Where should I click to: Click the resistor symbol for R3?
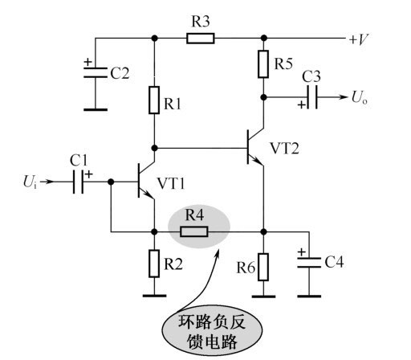[x=201, y=39]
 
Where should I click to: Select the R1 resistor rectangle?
[x=154, y=100]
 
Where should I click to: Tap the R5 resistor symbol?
[x=263, y=64]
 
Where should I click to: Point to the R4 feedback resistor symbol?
[x=194, y=231]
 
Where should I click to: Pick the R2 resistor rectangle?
[x=154, y=264]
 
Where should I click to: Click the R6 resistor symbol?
[x=263, y=267]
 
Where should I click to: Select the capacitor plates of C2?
[x=96, y=72]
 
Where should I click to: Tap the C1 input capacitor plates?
[x=78, y=182]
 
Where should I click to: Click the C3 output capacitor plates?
[x=312, y=97]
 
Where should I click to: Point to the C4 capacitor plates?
[x=309, y=263]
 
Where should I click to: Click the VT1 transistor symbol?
[x=146, y=182]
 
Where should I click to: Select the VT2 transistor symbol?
[x=255, y=147]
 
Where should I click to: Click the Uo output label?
[x=360, y=97]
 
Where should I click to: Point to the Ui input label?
[x=30, y=182]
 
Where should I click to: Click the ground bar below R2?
[x=154, y=296]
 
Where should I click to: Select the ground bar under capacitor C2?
[x=96, y=109]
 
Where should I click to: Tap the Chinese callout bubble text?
[x=211, y=331]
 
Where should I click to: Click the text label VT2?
[x=284, y=148]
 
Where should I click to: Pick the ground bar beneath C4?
[x=309, y=297]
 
